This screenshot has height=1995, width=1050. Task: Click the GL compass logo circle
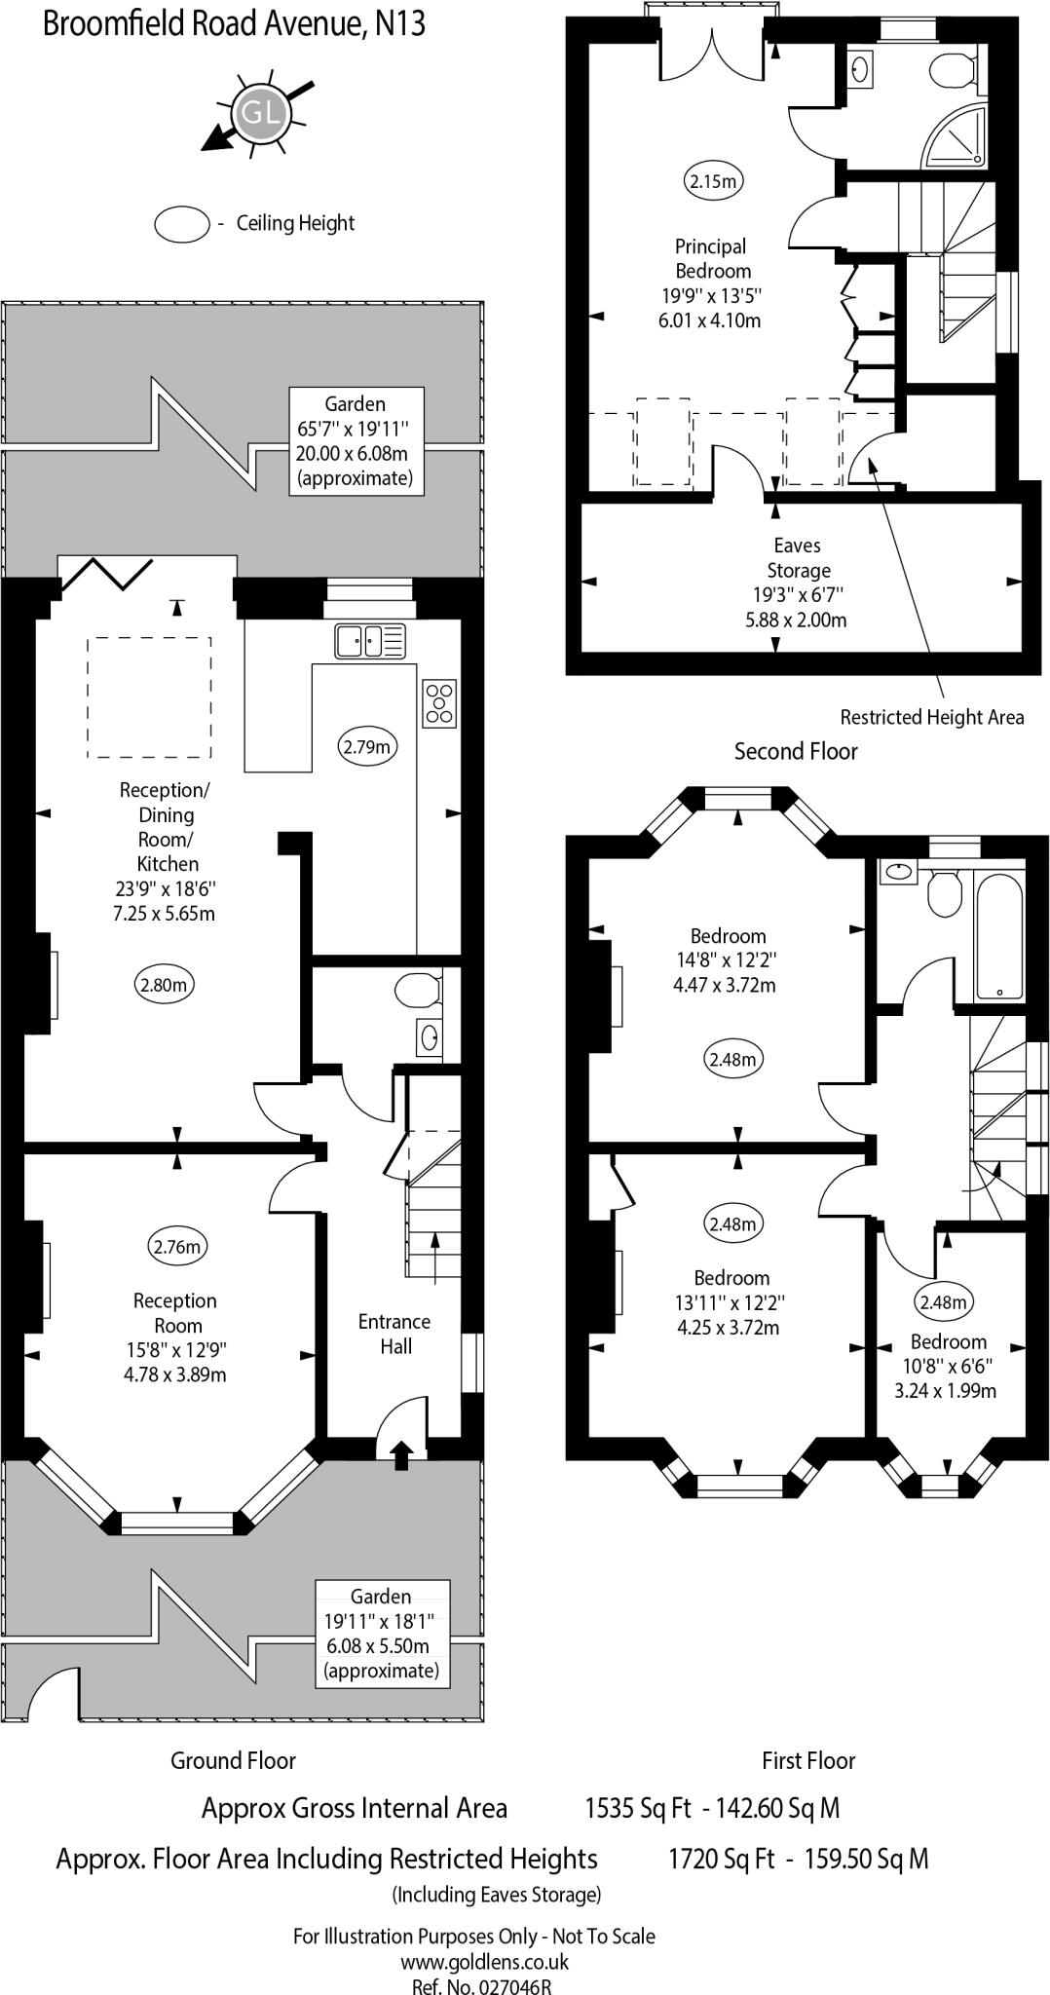[x=258, y=113]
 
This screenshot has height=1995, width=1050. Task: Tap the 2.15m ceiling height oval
[x=714, y=180]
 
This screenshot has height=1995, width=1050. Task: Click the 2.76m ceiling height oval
[x=178, y=1246]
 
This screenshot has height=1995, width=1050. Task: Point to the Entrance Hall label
[x=394, y=1334]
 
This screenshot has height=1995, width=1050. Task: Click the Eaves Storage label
[x=798, y=557]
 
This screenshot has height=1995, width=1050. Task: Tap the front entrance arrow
[x=400, y=1454]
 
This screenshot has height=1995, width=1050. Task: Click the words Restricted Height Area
[x=931, y=717]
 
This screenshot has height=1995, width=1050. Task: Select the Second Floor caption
[x=796, y=751]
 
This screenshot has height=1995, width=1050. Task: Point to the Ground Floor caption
[x=233, y=1760]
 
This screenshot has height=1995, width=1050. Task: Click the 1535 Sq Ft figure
[x=637, y=1808]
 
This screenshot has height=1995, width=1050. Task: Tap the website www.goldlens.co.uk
[x=484, y=1963]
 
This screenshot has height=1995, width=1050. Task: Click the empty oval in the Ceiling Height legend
[x=182, y=223]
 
